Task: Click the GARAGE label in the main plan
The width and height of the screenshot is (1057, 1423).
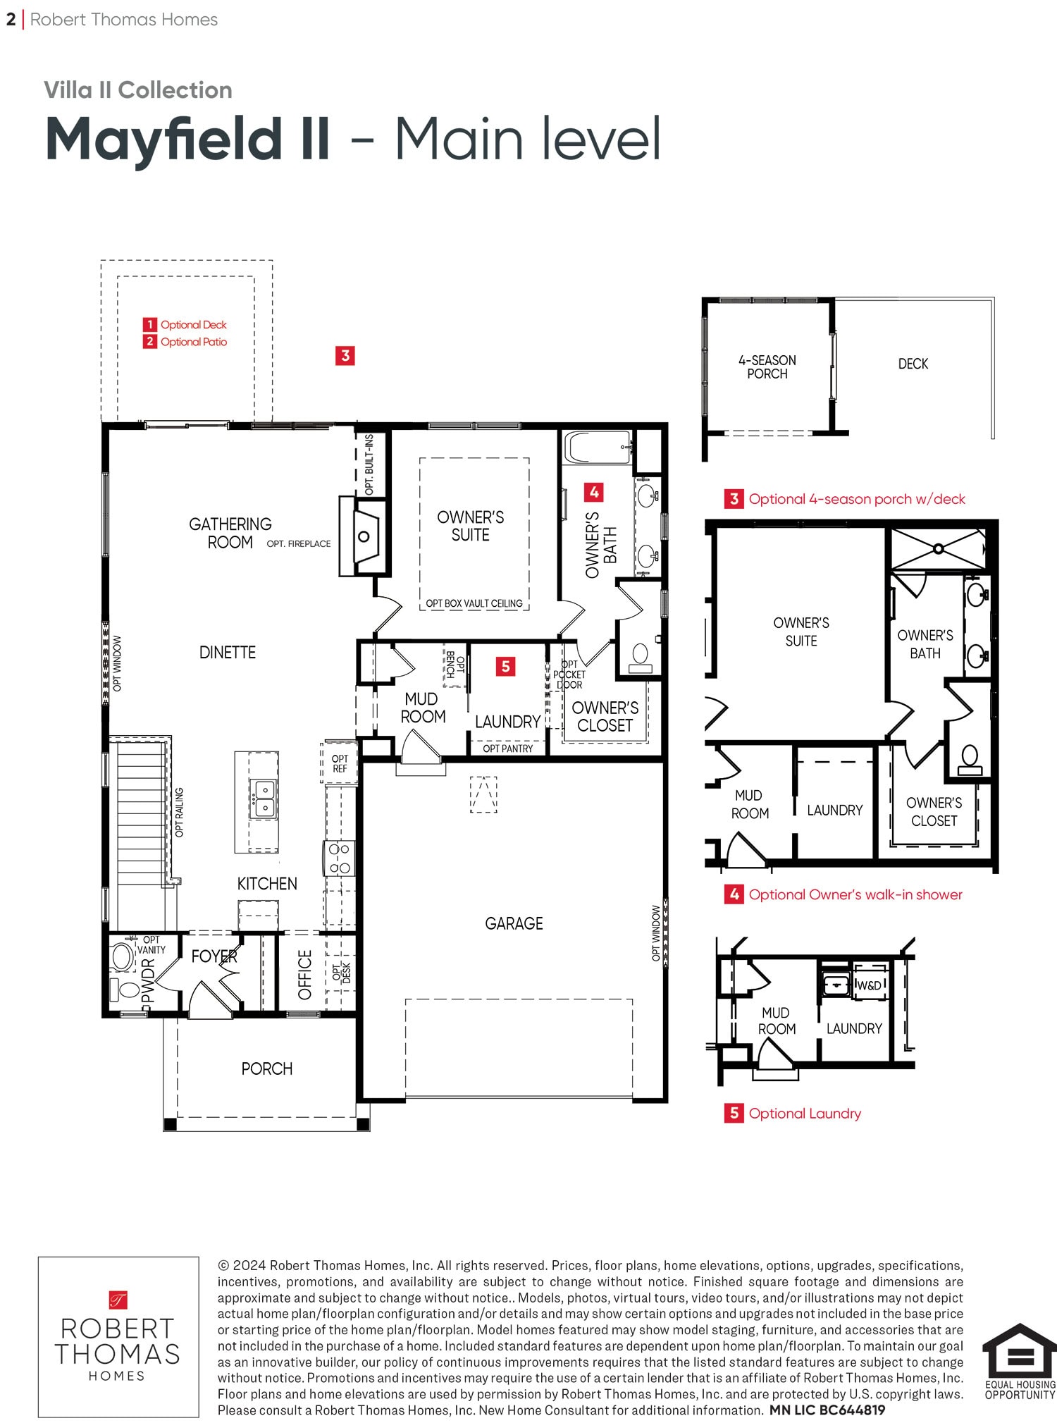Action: point(514,923)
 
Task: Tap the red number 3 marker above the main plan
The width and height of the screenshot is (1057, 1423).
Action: point(345,355)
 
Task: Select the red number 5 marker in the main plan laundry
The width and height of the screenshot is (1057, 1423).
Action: point(505,666)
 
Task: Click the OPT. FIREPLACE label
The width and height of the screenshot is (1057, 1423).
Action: point(299,543)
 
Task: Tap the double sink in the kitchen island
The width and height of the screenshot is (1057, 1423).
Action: point(264,798)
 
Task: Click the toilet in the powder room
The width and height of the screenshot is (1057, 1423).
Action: point(126,989)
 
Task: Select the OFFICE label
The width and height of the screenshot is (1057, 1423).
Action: point(305,975)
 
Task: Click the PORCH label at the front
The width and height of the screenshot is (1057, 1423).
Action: point(266,1068)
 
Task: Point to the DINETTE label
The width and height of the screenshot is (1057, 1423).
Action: point(227,652)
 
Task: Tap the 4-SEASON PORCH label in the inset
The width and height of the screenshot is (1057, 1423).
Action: point(767,366)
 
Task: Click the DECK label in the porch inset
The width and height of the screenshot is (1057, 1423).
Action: point(913,364)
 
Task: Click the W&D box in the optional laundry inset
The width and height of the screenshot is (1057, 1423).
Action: point(869,985)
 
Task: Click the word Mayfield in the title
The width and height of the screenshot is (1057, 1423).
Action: point(187,140)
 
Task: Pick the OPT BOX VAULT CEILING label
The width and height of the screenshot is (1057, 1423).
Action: point(474,603)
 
